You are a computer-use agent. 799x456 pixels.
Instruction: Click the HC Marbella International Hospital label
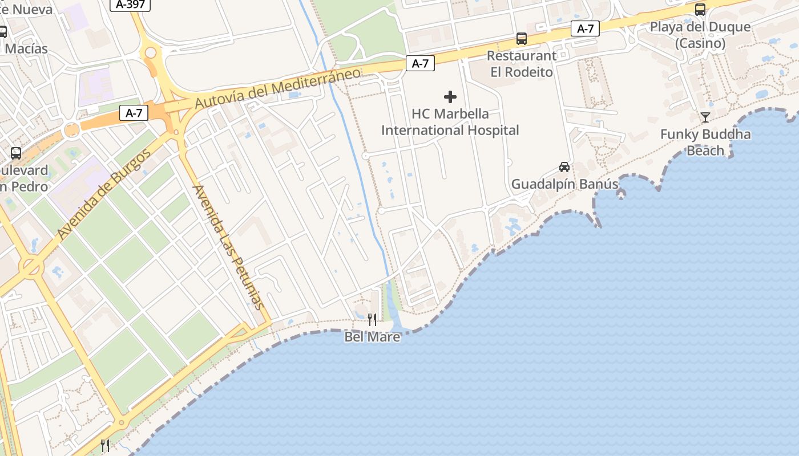[x=450, y=121]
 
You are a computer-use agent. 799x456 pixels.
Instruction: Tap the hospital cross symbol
[x=450, y=97]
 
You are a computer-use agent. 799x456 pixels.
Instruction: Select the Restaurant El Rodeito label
[x=521, y=64]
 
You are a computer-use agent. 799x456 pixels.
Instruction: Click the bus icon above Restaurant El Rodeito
[x=522, y=39]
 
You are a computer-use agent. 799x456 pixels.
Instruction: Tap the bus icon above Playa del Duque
[x=700, y=10]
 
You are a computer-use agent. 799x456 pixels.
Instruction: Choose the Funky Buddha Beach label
[x=705, y=142]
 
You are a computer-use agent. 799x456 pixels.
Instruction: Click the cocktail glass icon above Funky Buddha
[x=705, y=117]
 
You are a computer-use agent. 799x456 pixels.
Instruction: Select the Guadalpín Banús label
[x=564, y=184]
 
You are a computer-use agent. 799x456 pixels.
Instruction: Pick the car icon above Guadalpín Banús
[x=564, y=167]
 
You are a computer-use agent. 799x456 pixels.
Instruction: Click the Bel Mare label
[x=372, y=337]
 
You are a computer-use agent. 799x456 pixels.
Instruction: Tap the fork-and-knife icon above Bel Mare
[x=372, y=319]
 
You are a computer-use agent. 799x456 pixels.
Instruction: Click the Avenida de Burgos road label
[x=104, y=194]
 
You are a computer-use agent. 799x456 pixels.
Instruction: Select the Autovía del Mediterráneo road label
[x=278, y=88]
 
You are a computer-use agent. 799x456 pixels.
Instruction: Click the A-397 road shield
[x=130, y=5]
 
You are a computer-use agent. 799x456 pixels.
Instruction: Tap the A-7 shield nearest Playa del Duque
[x=585, y=28]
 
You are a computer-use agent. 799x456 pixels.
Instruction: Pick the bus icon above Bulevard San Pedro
[x=16, y=153]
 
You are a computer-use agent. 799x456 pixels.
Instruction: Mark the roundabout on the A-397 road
[x=151, y=54]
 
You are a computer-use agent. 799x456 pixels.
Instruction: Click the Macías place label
[x=26, y=48]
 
